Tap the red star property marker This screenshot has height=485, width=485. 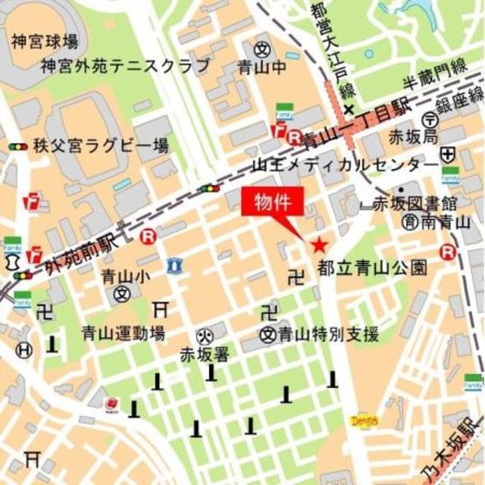[x=319, y=244]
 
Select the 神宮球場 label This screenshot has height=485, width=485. [x=45, y=41]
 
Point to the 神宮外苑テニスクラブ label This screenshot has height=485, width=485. [x=126, y=66]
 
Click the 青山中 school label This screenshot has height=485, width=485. [x=269, y=67]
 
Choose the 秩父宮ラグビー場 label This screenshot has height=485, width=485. [x=100, y=145]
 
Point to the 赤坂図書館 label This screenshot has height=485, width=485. [x=418, y=203]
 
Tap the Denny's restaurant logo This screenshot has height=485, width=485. [x=364, y=421]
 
